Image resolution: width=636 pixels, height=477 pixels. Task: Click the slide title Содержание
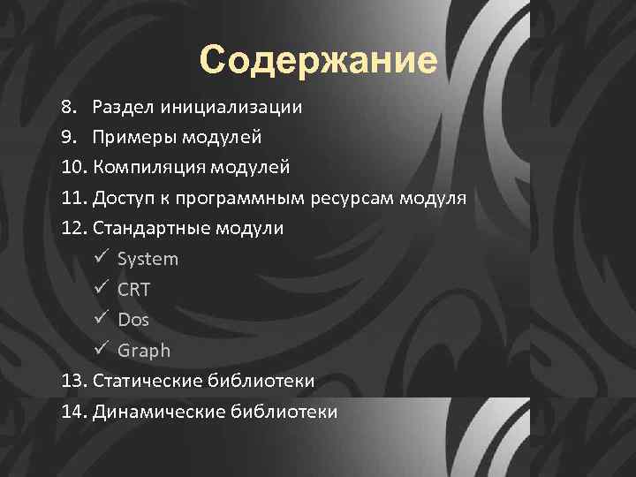click(318, 61)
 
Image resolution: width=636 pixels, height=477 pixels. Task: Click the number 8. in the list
click(69, 108)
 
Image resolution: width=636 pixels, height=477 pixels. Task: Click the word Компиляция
click(144, 168)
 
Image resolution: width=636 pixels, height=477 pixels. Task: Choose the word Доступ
click(124, 198)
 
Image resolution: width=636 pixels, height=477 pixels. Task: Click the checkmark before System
click(99, 259)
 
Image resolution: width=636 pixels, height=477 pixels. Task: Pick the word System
click(148, 260)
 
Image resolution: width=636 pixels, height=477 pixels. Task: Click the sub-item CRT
click(134, 290)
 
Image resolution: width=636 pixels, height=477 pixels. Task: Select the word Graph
click(144, 351)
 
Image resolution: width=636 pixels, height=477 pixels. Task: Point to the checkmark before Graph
click(99, 350)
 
